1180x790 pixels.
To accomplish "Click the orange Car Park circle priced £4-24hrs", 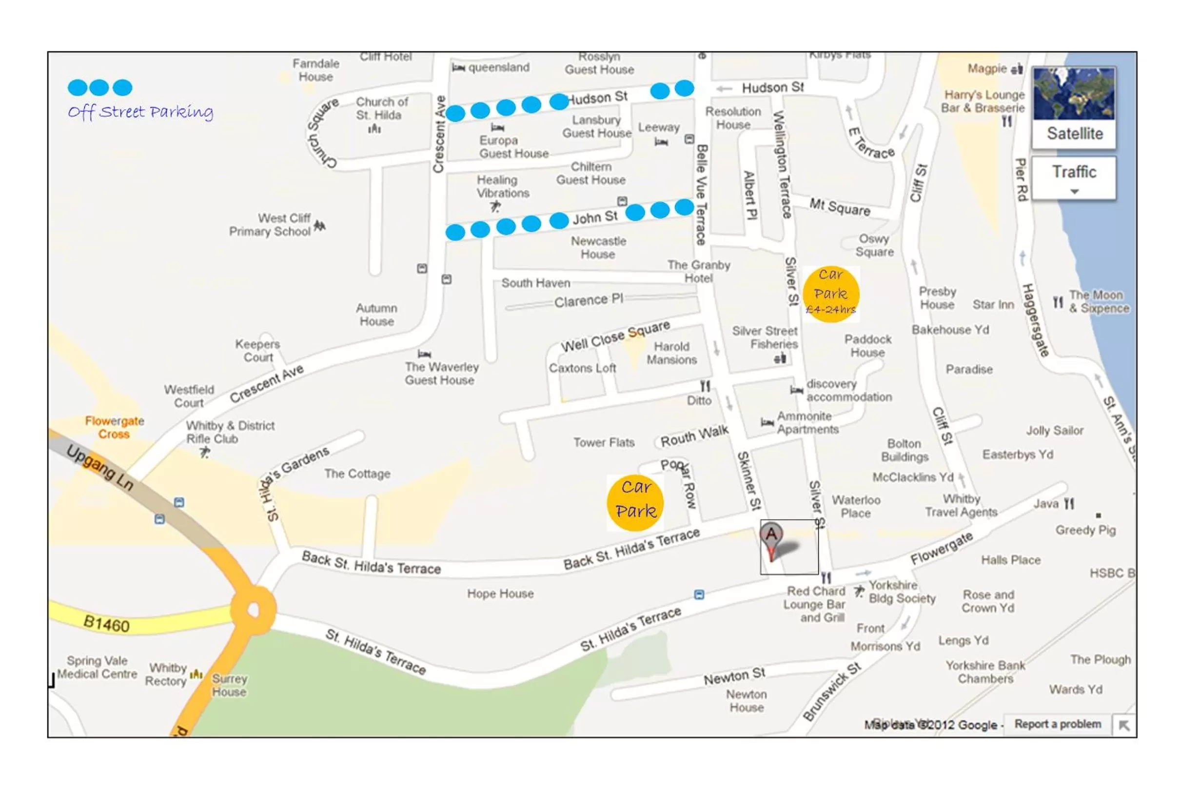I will pos(830,294).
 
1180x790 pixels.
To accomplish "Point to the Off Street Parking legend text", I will pos(140,111).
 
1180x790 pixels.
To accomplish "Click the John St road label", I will pos(594,217).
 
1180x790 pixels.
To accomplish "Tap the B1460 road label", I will pos(106,624).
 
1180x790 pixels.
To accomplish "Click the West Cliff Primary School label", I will pos(270,225).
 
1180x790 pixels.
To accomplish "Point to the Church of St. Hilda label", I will pos(381,108).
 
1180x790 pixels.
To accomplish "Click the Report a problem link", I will pos(1057,724).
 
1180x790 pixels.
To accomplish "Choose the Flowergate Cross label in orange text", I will pos(114,427).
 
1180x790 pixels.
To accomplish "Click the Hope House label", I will pos(500,593).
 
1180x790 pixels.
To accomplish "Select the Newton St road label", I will pos(734,676).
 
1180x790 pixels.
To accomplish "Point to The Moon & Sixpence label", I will pos(1099,301).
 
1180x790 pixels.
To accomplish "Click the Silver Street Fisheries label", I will pos(765,337).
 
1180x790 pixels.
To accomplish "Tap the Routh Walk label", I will pos(694,436).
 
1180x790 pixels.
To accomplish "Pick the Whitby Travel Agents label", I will pos(961,505).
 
